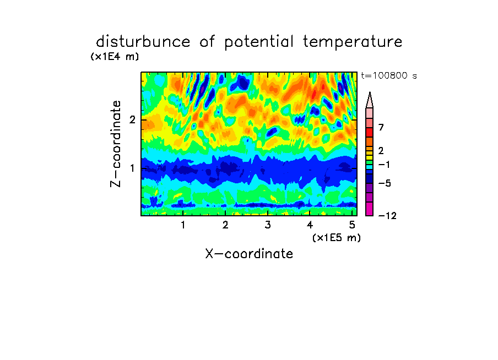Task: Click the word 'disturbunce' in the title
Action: (x=143, y=42)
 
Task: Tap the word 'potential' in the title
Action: (x=259, y=42)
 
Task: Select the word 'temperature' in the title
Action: (x=353, y=42)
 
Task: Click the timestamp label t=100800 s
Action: (x=389, y=75)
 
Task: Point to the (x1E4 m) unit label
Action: (x=115, y=57)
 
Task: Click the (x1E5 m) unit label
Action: (x=337, y=237)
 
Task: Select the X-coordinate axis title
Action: (x=249, y=254)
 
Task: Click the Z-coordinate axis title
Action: (x=116, y=144)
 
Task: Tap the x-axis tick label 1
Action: (x=183, y=225)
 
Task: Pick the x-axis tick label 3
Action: (x=268, y=225)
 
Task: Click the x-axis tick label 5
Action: (x=352, y=225)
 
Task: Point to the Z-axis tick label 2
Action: (x=132, y=120)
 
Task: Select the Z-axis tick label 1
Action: (x=132, y=168)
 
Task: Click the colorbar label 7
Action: (x=381, y=127)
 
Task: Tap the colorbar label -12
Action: (x=387, y=216)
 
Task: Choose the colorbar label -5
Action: (x=385, y=183)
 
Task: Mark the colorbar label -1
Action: (x=384, y=165)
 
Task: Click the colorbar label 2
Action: (x=381, y=150)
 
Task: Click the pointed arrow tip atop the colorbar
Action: (x=370, y=92)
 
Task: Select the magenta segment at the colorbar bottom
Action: (x=370, y=209)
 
